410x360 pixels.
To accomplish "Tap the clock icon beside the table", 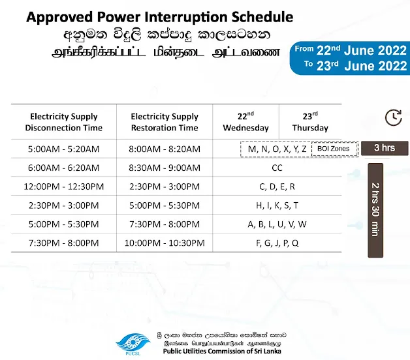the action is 394,117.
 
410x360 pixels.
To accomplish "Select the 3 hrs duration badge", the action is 385,148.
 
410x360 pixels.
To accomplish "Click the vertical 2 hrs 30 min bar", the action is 375,210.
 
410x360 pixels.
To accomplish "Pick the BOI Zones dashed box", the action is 334,149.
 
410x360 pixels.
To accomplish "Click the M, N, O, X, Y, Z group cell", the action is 277,149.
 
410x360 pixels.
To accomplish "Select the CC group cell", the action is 277,168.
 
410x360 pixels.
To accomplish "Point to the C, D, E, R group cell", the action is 277,187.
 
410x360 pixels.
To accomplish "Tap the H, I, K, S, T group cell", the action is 277,205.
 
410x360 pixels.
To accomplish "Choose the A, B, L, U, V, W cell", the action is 277,224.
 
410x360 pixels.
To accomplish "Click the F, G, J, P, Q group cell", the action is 277,243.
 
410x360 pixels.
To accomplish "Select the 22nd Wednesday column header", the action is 245,122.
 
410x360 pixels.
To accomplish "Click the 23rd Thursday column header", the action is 310,122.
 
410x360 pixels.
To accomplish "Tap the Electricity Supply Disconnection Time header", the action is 64,122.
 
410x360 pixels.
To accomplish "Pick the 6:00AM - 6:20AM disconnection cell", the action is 64,168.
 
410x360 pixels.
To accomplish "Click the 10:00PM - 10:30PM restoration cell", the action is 165,243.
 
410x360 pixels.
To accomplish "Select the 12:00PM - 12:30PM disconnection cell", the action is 64,187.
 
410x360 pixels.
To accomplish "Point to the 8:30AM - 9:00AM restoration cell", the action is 165,168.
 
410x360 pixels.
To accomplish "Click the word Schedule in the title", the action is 262,17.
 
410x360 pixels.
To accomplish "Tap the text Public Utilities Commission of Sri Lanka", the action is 222,351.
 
